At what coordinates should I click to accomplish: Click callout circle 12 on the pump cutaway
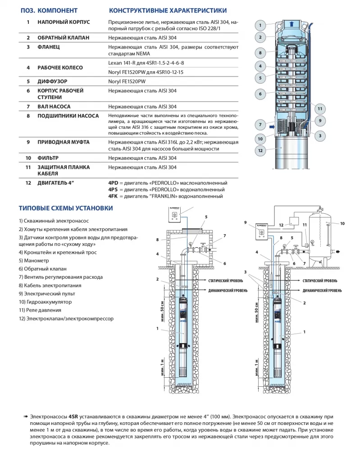[x=260, y=150]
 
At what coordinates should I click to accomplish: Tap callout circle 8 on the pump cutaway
[x=260, y=53]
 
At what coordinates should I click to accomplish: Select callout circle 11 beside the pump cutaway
[x=319, y=108]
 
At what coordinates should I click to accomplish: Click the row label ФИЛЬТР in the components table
[x=48, y=158]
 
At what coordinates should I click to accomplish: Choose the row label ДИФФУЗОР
[x=53, y=81]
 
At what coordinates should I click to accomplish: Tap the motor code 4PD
[x=113, y=183]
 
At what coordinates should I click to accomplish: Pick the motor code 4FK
[x=113, y=196]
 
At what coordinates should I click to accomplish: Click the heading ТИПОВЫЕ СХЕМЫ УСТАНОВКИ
[x=65, y=208]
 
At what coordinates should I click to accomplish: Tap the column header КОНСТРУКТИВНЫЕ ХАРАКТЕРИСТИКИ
[x=168, y=10]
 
